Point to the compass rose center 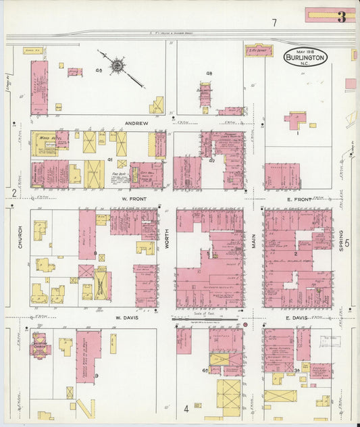click(x=118, y=66)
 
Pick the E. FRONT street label click(x=297, y=199)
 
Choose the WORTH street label click(x=167, y=238)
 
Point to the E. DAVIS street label click(x=297, y=318)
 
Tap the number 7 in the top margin click(x=274, y=23)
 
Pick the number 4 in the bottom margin click(x=186, y=408)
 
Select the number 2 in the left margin click(x=13, y=193)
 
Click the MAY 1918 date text click(x=305, y=51)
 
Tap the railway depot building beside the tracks click(x=258, y=51)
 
